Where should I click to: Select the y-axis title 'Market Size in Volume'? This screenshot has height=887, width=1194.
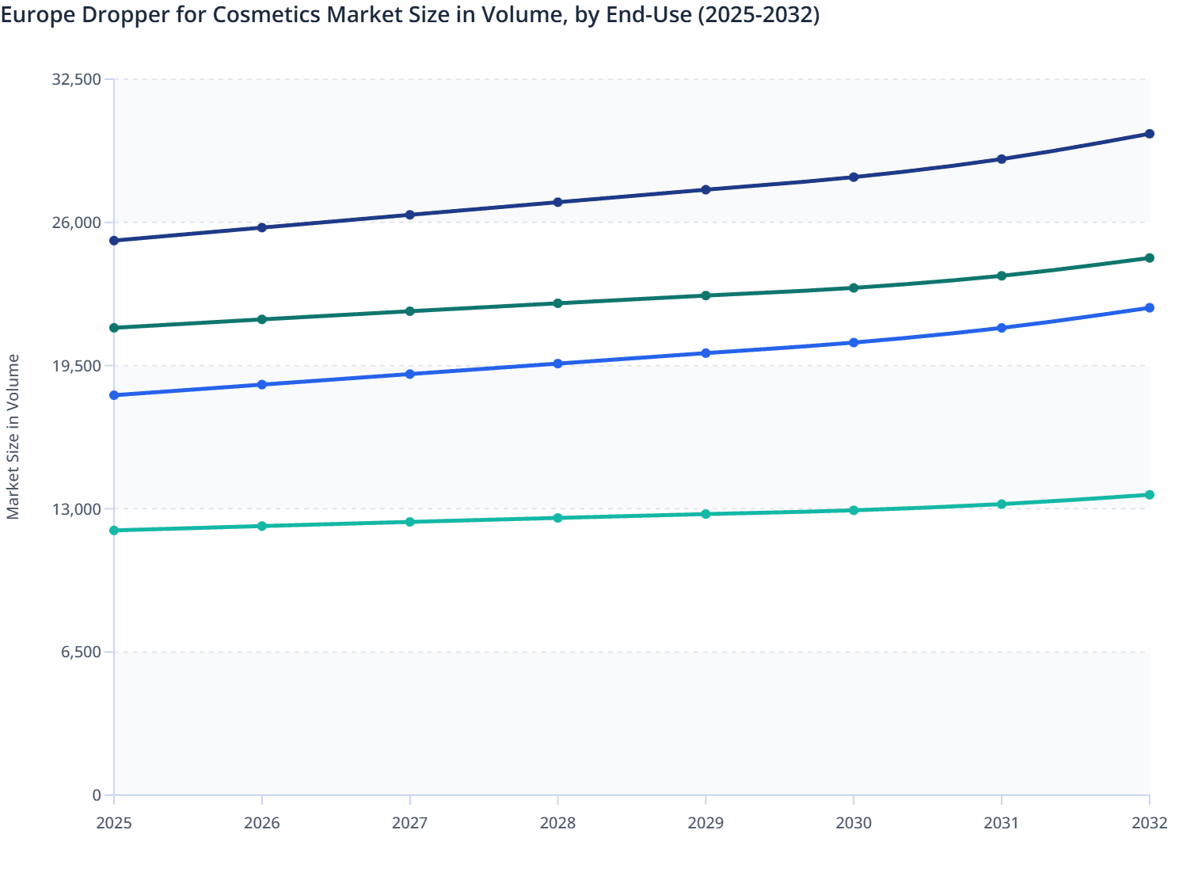point(13,436)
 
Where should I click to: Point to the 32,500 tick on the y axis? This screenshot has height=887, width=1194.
point(76,79)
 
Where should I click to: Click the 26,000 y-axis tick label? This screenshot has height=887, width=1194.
point(76,223)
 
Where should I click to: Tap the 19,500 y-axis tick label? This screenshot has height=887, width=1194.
point(76,366)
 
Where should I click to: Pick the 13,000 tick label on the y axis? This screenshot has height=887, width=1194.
point(76,509)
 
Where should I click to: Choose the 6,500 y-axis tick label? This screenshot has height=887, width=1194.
point(81,653)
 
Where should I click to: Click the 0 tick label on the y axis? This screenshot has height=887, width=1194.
point(97,795)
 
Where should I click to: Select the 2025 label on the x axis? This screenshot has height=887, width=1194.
point(114,823)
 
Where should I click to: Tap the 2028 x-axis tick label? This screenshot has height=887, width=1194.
point(557,823)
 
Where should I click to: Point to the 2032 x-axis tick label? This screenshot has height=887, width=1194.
point(1149,823)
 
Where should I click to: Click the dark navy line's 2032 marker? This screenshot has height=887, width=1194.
point(1149,134)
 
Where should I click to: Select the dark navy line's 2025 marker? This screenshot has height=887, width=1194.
point(114,241)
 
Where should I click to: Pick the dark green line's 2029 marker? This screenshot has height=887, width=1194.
point(705,295)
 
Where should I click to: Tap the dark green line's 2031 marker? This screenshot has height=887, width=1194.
point(1002,276)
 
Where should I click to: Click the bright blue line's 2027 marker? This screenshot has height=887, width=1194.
point(410,374)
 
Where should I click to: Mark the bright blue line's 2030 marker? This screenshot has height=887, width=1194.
point(854,343)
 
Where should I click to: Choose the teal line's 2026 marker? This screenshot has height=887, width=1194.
point(262,526)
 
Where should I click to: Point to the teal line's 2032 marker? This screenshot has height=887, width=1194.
point(1149,495)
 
